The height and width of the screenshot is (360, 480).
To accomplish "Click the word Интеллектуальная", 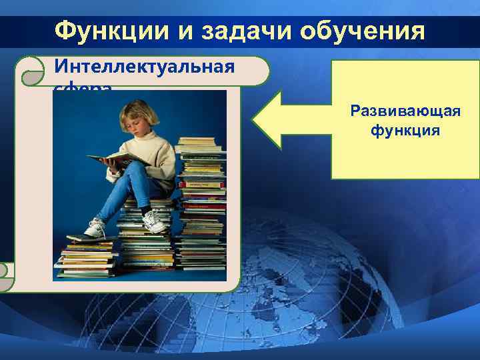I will click(x=144, y=67).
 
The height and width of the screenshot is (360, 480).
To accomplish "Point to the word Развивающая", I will click(x=405, y=111).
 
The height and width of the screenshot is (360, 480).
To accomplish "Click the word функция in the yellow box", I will click(x=405, y=129).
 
